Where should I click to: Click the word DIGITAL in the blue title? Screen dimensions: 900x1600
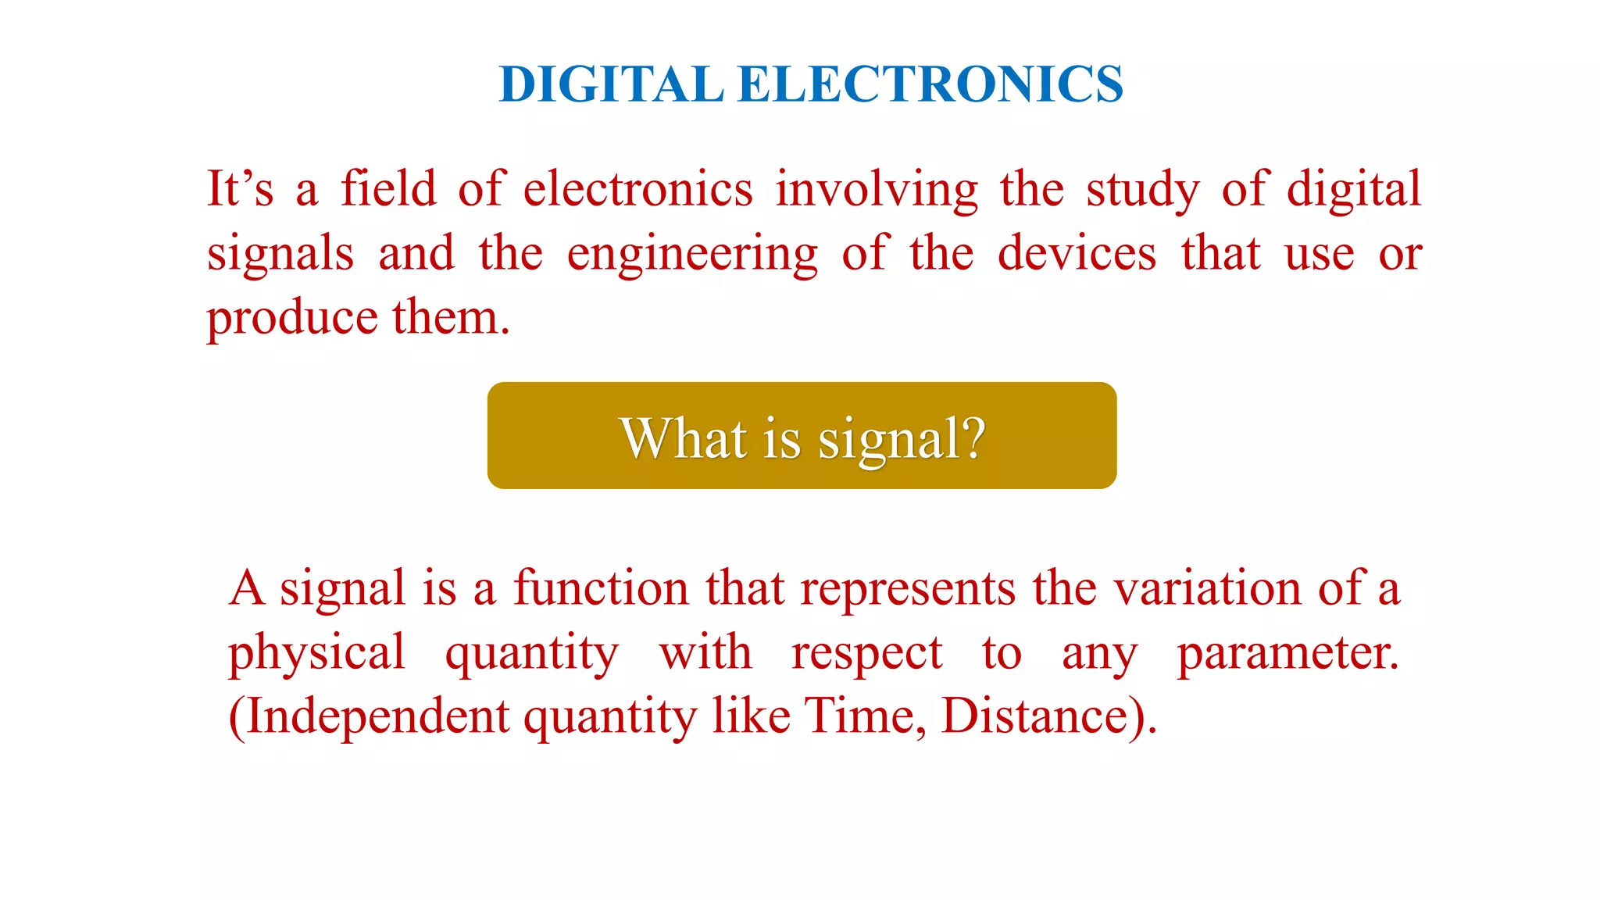pos(612,84)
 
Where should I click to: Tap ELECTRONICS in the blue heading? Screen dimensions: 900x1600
pos(930,84)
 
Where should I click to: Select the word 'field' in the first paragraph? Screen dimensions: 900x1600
pos(388,189)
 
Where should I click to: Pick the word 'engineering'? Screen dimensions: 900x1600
pos(692,255)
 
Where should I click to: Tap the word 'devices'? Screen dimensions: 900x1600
pos(1077,254)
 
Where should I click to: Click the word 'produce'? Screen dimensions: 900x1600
pos(292,319)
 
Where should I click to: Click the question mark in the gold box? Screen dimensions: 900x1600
pos(973,437)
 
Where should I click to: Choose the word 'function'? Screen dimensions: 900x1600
pos(601,587)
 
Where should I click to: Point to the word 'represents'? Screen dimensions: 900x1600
pos(908,589)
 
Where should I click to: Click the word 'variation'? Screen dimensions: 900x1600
pos(1207,587)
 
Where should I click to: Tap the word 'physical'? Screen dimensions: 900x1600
pos(316,653)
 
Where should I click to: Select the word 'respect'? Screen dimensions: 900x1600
pos(866,653)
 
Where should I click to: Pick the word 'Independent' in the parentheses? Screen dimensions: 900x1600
pos(377,716)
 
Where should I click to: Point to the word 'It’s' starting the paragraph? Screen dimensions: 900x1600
pos(240,189)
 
